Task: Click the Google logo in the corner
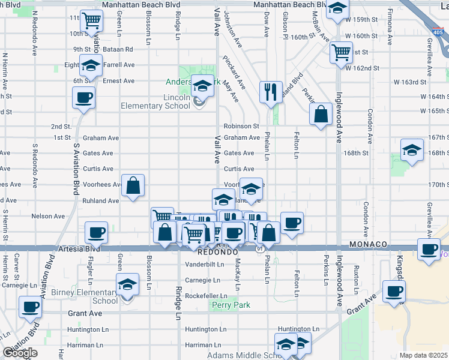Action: click(20, 353)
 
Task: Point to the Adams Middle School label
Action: click(243, 355)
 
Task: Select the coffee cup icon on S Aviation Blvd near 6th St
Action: click(83, 98)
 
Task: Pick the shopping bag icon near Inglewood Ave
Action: click(321, 114)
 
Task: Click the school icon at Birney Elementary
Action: click(127, 284)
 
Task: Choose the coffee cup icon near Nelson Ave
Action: click(96, 232)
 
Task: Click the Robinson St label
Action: click(241, 127)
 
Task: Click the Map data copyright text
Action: click(423, 355)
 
